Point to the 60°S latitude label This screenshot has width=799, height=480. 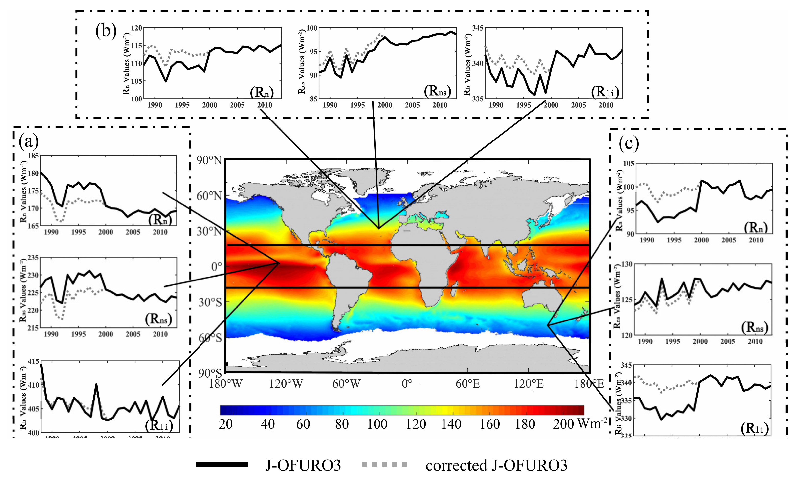click(210, 338)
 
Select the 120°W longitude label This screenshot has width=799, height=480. click(286, 384)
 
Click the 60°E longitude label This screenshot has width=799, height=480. click(468, 384)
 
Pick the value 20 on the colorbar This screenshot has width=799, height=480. click(226, 424)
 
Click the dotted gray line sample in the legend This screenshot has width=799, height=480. click(384, 465)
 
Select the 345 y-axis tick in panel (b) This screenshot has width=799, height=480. click(478, 28)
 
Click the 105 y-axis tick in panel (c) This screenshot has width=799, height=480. click(628, 164)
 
